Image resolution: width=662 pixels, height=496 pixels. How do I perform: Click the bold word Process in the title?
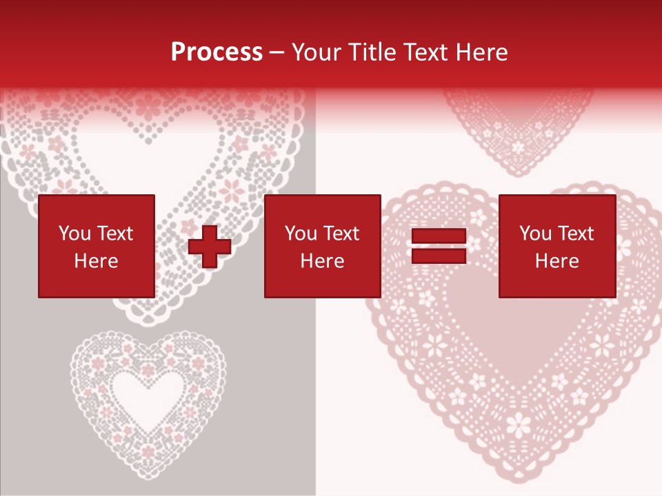[217, 52]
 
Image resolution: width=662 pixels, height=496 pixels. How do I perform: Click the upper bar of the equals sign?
[439, 236]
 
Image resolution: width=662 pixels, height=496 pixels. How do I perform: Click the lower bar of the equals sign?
[439, 256]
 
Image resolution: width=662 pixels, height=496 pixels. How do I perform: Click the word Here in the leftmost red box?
[96, 261]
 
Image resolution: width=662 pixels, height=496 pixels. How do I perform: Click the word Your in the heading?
[317, 52]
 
